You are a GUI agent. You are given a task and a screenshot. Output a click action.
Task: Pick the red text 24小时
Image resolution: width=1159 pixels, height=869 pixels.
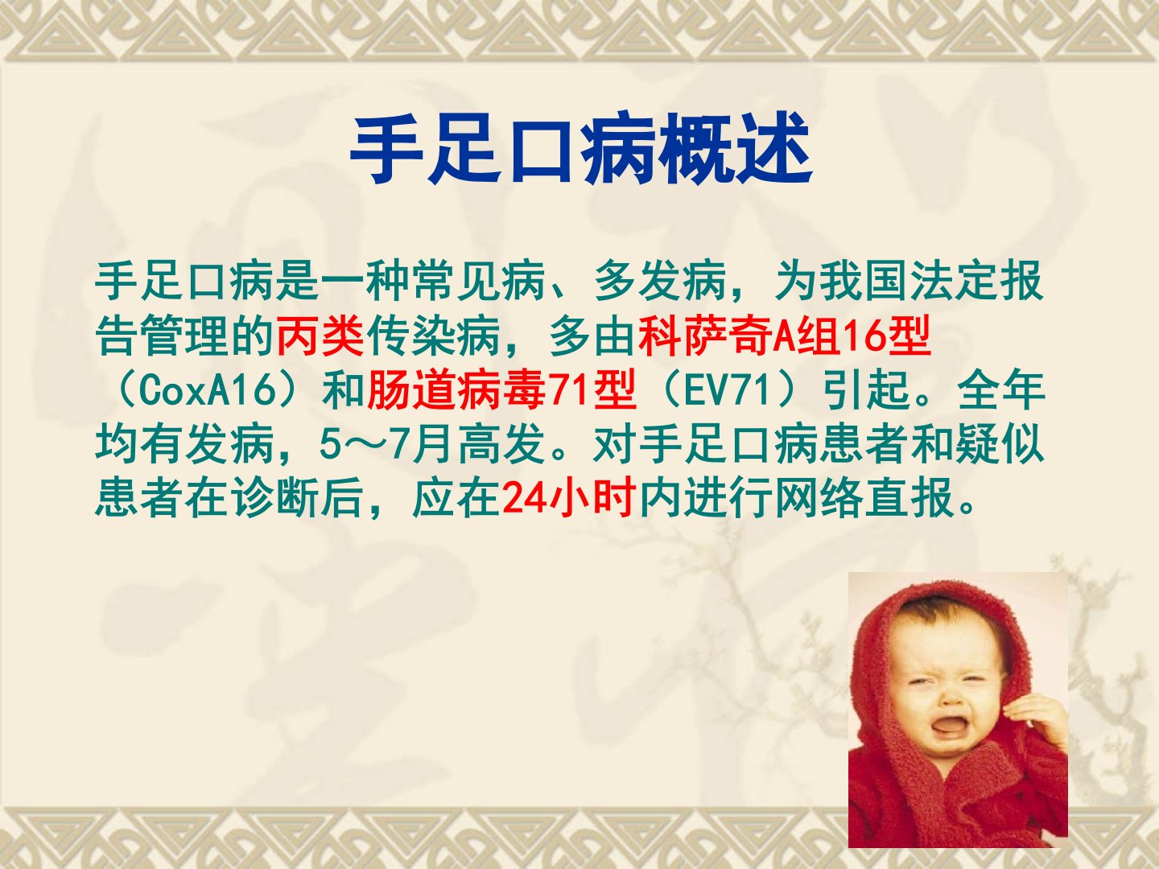pos(568,499)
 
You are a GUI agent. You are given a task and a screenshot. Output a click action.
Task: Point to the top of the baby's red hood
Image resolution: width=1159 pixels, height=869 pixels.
pos(945,587)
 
